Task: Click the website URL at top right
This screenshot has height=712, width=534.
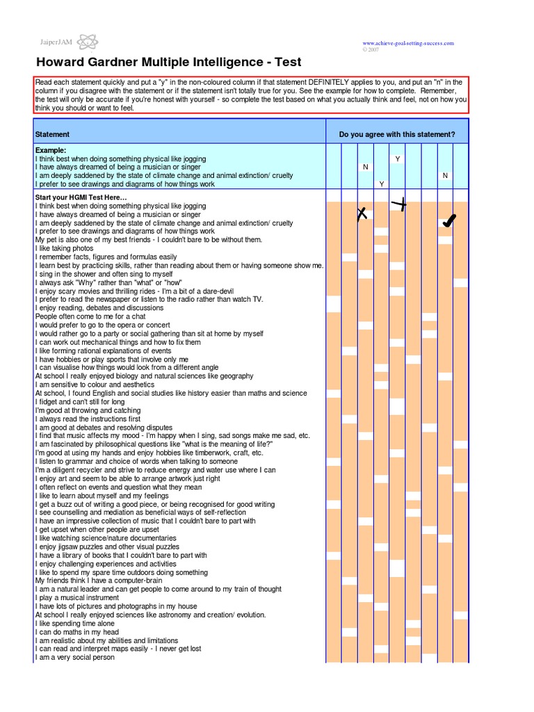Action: click(x=407, y=43)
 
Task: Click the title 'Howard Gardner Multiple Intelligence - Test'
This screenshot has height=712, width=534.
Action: click(x=169, y=63)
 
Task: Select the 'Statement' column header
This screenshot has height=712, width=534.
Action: click(x=52, y=134)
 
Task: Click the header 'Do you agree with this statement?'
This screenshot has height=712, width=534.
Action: click(x=397, y=134)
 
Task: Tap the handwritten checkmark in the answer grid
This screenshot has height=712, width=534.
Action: click(x=448, y=221)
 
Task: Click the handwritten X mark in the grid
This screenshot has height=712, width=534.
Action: click(x=362, y=214)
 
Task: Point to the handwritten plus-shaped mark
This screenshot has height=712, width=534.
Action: click(x=398, y=204)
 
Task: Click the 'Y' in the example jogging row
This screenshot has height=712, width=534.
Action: click(x=398, y=159)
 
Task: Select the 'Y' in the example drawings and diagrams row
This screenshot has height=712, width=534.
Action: click(x=381, y=184)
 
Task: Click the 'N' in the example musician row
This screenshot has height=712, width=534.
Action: click(x=365, y=168)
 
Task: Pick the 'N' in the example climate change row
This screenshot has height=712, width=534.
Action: click(x=445, y=176)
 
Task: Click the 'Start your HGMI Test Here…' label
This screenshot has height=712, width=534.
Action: click(x=81, y=197)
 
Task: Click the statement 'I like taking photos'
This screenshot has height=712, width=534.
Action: click(x=64, y=248)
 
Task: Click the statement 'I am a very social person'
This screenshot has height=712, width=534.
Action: click(x=74, y=657)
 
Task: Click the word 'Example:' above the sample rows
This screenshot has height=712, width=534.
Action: click(x=51, y=150)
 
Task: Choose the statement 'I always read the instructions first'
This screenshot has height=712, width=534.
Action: click(x=88, y=419)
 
